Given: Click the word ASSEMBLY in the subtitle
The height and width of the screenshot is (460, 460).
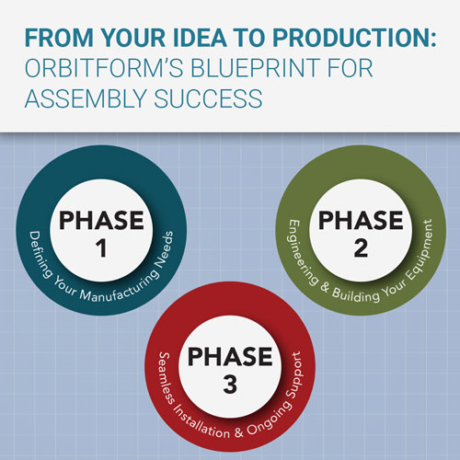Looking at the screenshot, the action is coord(86,98).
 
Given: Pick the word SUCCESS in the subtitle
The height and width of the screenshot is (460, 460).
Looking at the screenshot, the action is coord(208,98).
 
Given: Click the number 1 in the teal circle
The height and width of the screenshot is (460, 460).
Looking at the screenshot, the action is coord(101,248).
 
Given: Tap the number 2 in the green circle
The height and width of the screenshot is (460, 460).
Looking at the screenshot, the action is coord(361,248).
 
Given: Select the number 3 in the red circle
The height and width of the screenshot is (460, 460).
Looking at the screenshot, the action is coord(230,385).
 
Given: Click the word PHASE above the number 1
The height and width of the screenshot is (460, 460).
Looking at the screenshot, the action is coord(101,220).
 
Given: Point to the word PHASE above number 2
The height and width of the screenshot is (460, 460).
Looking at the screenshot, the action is coord(361,220).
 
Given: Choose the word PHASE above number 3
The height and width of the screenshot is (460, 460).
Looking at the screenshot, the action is coord(230,356).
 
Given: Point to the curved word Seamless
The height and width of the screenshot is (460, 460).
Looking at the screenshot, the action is coord(167,378).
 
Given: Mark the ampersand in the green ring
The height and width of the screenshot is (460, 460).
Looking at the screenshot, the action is coord(325,288).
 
